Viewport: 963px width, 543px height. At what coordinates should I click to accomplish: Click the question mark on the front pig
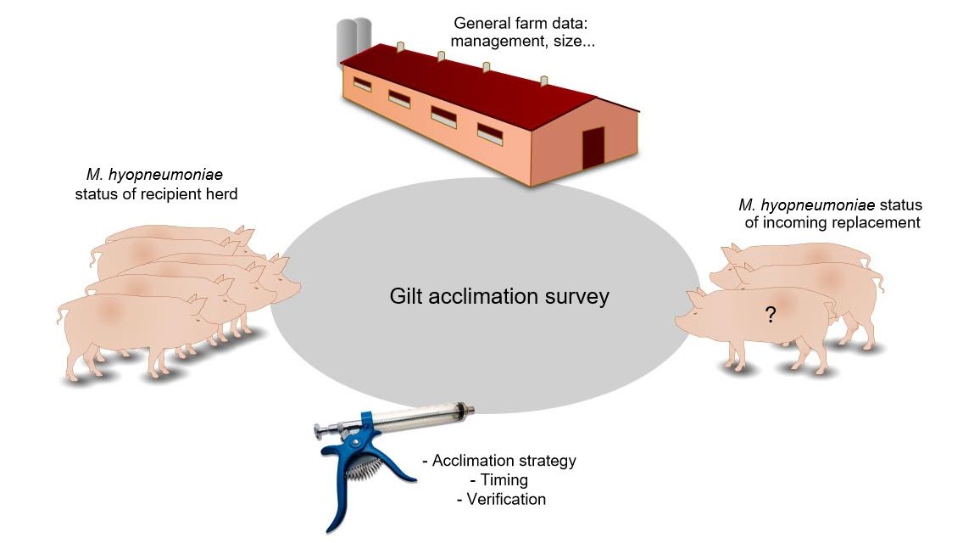coord(770,316)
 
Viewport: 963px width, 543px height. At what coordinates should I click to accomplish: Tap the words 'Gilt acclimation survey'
coord(499,296)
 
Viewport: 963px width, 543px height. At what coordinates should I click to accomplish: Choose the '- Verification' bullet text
coord(500,499)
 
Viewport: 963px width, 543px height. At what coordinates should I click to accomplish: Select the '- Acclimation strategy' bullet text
coord(498,461)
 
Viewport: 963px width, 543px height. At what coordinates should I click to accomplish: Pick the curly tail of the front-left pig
coord(61,315)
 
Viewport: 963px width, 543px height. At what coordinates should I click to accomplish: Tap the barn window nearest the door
coord(490,132)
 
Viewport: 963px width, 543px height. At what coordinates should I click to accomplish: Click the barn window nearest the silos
coord(361,85)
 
